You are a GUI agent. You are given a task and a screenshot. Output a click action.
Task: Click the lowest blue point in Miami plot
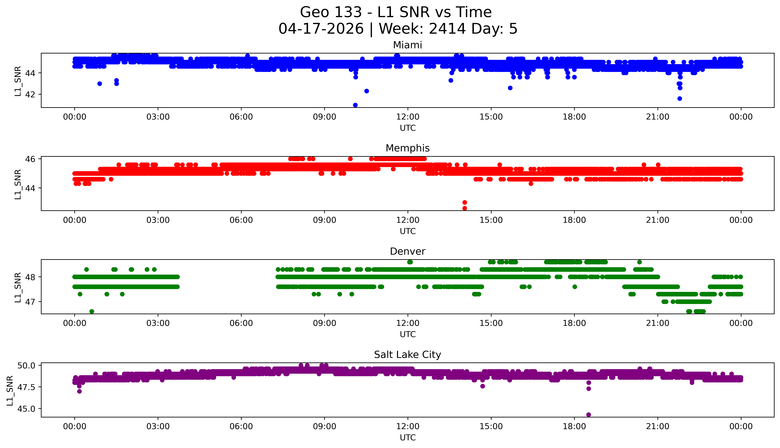(355, 105)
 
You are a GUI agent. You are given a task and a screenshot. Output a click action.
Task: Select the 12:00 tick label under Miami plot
(408, 117)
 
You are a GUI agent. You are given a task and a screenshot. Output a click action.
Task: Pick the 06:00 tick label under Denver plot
(241, 323)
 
